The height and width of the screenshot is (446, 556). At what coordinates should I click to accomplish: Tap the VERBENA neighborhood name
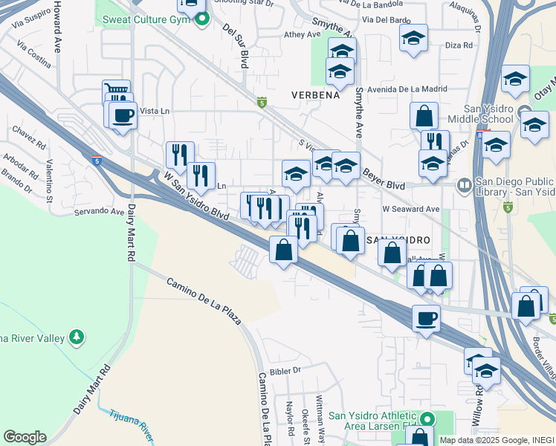click(x=315, y=95)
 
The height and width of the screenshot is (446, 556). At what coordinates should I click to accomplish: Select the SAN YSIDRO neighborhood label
click(x=399, y=241)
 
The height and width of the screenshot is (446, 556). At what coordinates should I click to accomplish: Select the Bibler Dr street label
click(x=285, y=369)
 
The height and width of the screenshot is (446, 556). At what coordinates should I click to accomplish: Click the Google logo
click(x=25, y=437)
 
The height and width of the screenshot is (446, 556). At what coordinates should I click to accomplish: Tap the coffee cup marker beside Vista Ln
click(x=123, y=116)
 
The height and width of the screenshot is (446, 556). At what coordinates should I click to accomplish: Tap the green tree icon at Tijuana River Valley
click(x=76, y=338)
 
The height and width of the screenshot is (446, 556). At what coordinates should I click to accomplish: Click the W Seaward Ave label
click(x=411, y=209)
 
